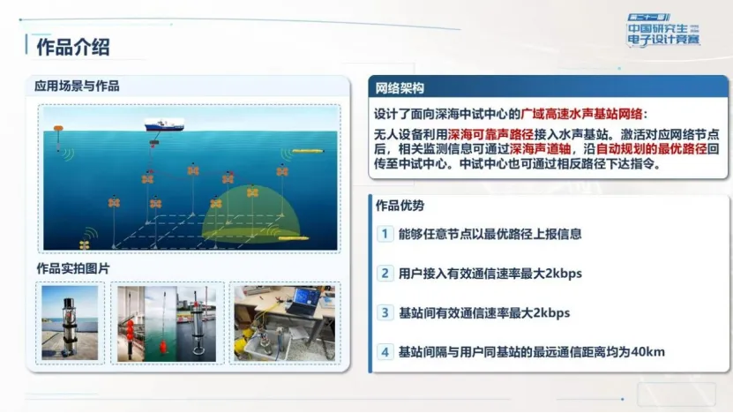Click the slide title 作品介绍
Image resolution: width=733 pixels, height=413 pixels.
click(73, 48)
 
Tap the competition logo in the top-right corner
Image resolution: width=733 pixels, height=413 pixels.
click(663, 30)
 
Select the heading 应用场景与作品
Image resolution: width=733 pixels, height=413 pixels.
click(77, 86)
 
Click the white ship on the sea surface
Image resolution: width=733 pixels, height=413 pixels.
click(164, 124)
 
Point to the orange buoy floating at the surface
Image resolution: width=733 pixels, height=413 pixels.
click(58, 128)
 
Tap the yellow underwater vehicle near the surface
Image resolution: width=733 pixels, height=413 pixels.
click(308, 151)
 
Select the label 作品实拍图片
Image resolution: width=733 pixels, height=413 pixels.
click(73, 268)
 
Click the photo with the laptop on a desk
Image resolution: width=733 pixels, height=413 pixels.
click(285, 323)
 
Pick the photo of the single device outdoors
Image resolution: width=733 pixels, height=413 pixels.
click(70, 323)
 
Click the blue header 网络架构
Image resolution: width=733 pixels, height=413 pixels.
click(400, 88)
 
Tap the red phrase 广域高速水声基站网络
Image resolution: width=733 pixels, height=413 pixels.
click(581, 114)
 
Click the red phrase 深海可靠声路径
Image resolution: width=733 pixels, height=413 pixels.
click(490, 135)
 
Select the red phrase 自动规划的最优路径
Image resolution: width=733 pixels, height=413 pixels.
click(651, 149)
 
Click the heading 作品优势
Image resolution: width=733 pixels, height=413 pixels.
click(400, 206)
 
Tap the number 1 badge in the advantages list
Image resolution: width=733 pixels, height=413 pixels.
click(385, 233)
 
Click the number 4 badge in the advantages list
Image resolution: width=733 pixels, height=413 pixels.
click(385, 352)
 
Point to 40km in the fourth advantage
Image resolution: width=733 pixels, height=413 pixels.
click(648, 352)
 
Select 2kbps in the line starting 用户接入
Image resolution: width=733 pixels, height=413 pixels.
click(564, 274)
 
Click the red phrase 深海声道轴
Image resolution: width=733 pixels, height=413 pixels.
click(540, 149)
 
